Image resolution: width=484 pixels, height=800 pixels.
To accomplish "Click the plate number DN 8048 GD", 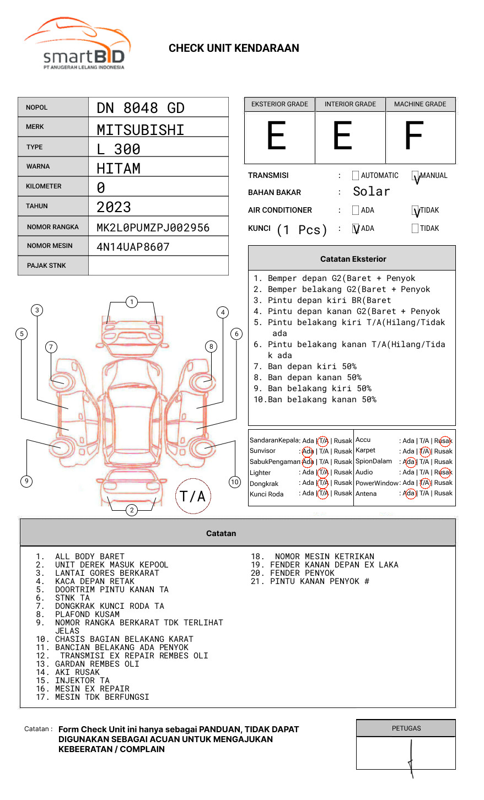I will [x=141, y=108].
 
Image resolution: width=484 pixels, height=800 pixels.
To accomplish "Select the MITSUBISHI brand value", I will [x=141, y=130].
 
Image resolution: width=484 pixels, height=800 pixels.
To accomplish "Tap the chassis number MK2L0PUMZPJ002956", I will [x=153, y=228].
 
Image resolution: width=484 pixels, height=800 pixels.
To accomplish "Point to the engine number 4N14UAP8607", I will [x=133, y=247].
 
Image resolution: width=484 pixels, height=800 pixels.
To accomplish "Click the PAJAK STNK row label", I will [x=46, y=266].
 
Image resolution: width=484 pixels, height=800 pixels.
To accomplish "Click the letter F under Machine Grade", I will [x=413, y=136].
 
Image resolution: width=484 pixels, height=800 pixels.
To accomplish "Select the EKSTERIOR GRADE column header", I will [x=279, y=104].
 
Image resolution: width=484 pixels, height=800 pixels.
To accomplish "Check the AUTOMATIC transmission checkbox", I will [x=356, y=176].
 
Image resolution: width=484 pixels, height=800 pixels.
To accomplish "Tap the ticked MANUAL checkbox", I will [x=415, y=176].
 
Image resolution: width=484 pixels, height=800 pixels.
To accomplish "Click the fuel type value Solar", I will [x=371, y=192].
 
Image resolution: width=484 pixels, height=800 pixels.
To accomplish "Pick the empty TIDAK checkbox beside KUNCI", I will [x=415, y=228].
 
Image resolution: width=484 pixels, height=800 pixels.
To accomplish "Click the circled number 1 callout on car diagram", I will [x=131, y=302].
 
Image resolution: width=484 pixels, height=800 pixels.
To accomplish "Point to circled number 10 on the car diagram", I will [x=235, y=482].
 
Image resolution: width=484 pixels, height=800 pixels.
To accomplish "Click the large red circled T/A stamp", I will [x=193, y=496].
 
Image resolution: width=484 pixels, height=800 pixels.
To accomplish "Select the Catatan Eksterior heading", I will [x=353, y=259].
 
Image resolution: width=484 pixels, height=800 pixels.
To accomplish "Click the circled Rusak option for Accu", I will [x=443, y=441].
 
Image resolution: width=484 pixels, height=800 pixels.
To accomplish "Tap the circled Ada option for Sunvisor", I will [x=308, y=451].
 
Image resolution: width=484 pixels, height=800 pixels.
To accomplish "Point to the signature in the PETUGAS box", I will [x=410, y=757].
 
